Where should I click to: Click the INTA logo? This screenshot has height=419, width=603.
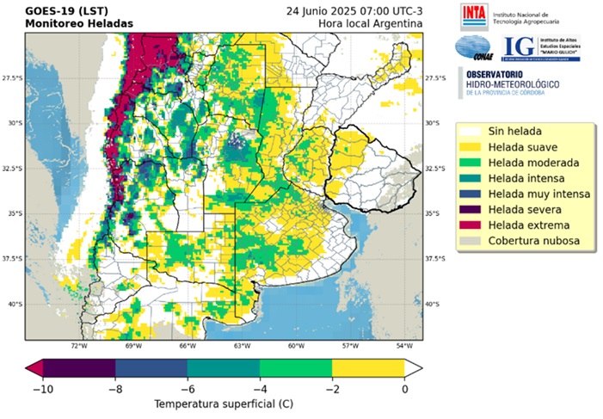point(473,15)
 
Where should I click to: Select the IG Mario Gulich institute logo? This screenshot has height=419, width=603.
point(540,48)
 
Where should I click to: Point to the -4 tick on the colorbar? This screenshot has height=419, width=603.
point(260,388)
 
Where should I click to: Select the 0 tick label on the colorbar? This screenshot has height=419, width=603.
point(404,388)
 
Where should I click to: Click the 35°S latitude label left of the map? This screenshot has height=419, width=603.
point(13,213)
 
